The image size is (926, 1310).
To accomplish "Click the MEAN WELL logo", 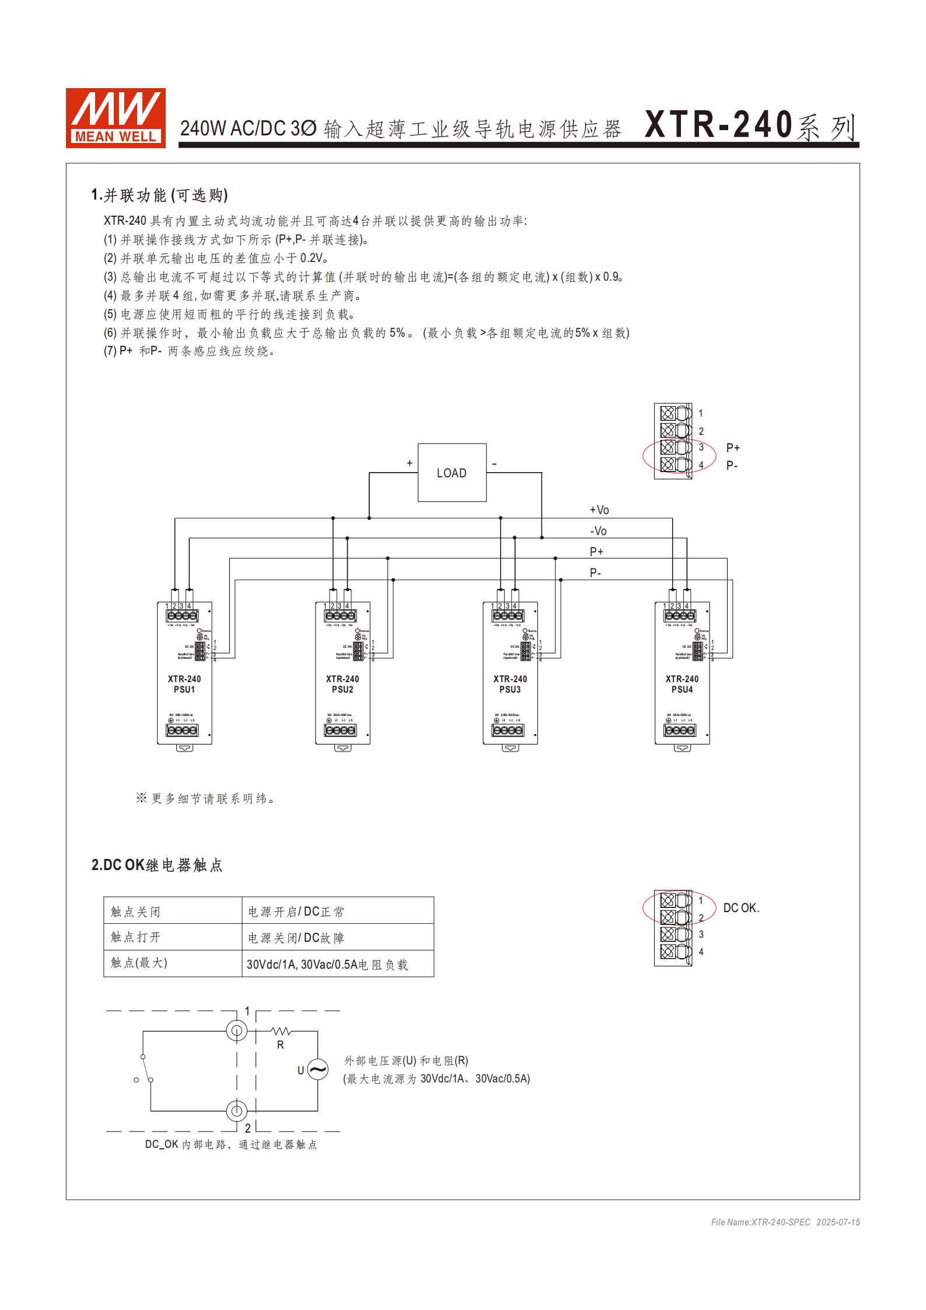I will pos(116,118).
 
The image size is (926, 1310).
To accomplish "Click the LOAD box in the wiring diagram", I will pos(452,473).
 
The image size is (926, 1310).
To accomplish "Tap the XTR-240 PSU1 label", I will pos(184,684).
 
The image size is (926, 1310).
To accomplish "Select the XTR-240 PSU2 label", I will pos(343,684).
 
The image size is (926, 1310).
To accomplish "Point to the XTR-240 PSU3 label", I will pos(510,684).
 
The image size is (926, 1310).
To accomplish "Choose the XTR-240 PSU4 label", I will pos(682,684).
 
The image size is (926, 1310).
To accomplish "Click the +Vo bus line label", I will pos(599,510).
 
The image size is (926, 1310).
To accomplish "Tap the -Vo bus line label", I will pos(599,531).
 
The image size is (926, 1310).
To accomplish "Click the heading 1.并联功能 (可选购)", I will pos(159,195).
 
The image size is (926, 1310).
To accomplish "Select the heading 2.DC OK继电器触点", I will pos(157,865).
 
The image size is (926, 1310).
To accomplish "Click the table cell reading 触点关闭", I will pos(135,911).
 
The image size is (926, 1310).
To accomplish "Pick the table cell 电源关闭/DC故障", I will pos(296,938).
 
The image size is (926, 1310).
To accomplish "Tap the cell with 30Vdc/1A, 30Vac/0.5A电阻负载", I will pos(327,965).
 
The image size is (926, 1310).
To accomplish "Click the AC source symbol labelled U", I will pos(318,1070).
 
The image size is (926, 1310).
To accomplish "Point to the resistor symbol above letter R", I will pos(281,1031).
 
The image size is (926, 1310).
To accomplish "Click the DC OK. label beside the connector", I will pos(741,908).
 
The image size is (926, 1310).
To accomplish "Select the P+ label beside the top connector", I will pos(733,448).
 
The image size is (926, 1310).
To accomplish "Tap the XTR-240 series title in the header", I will pos(750,125).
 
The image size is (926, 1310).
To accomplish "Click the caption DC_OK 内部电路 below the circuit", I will pos(231,1144).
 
